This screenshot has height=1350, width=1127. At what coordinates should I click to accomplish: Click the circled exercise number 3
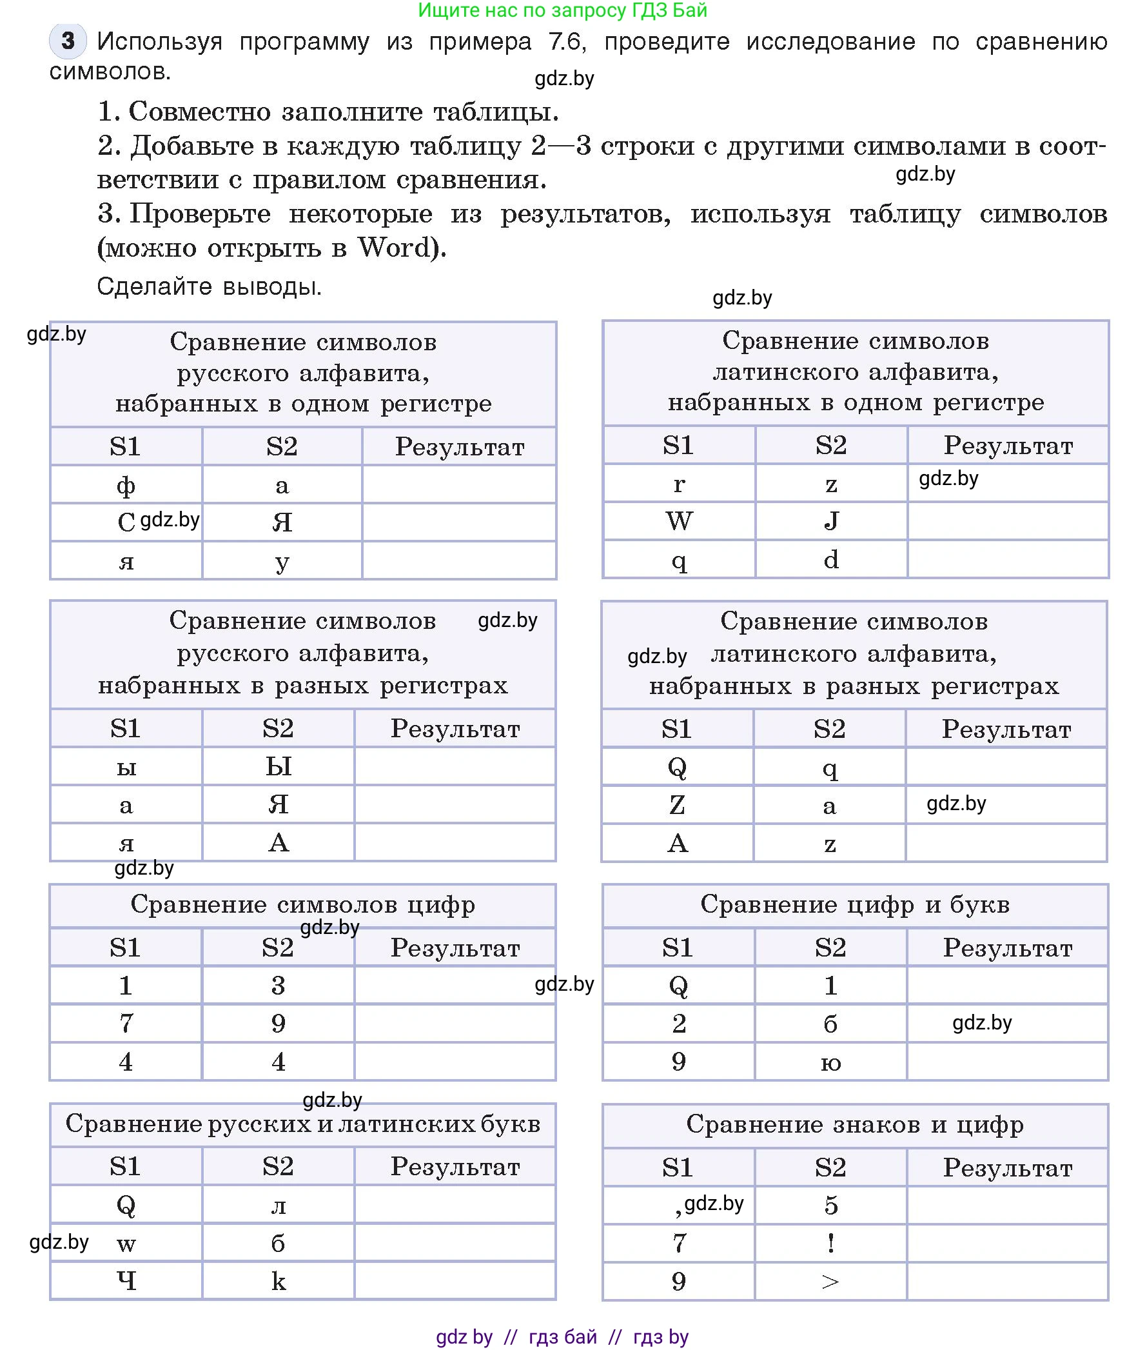pos(68,41)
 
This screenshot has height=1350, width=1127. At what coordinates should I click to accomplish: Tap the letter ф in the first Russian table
pos(126,484)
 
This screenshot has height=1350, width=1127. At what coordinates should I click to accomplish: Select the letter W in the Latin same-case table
pos(679,521)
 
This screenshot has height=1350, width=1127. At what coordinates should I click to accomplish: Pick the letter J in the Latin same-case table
pos(831,521)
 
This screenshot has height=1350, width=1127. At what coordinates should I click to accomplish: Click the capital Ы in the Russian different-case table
pos(279,766)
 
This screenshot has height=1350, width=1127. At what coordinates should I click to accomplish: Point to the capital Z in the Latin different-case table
pos(677,804)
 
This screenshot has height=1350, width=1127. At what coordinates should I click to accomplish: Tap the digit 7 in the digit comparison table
pos(126,1023)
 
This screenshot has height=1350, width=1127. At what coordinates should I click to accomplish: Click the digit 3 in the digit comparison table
pos(278,985)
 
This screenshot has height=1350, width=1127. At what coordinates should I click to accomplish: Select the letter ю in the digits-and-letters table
pos(830,1062)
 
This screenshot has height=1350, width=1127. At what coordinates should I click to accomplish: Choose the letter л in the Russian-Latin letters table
pos(278,1206)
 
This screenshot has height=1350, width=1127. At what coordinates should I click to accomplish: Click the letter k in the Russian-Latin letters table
pos(278,1281)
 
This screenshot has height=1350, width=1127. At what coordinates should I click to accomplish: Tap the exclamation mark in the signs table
pos(830,1243)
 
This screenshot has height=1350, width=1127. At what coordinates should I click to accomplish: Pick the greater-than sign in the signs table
pos(830,1282)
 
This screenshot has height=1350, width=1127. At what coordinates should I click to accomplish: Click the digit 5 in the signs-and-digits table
pos(830,1205)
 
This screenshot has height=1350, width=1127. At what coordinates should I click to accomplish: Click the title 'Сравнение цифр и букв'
pos(855,904)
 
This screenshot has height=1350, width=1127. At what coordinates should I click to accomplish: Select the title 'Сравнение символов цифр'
pos(302,904)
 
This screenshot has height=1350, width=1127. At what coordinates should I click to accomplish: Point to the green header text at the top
pos(562,10)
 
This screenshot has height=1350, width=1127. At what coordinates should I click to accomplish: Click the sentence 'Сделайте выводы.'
pos(209,286)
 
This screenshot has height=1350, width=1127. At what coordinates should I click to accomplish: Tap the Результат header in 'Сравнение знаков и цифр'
pos(1007,1167)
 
